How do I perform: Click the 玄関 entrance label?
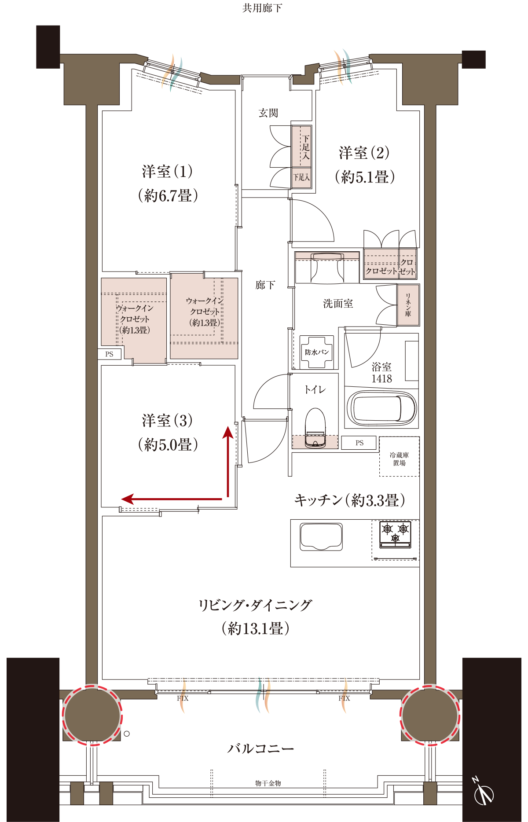[x=268, y=113]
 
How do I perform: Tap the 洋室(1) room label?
[x=168, y=171]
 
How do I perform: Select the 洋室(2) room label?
[x=364, y=153]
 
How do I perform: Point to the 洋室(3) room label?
[x=168, y=420]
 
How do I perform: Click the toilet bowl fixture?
[x=315, y=428]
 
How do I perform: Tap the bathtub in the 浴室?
[x=381, y=409]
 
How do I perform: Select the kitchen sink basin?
[x=321, y=536]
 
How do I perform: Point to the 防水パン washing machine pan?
[x=317, y=352]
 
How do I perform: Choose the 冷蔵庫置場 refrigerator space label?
[x=399, y=459]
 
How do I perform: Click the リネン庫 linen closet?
[x=408, y=305]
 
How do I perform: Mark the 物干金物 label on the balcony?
[x=268, y=783]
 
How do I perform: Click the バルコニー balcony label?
[x=260, y=749]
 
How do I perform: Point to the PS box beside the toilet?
[x=359, y=443]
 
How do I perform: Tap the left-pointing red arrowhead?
[x=128, y=499]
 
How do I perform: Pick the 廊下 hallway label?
[x=265, y=285]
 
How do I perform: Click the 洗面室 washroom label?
[x=338, y=304]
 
